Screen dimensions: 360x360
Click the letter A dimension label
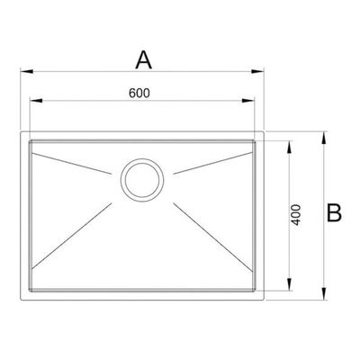[144, 60]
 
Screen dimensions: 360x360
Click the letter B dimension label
[334, 213]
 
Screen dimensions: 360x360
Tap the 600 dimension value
[139, 94]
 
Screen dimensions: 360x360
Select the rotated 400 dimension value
[296, 215]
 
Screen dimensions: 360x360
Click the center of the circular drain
[142, 180]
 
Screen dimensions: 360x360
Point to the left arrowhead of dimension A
[26, 71]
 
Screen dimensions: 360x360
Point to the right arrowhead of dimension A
[257, 71]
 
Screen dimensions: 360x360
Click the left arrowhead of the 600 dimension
[36, 101]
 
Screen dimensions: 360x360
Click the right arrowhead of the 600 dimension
[248, 101]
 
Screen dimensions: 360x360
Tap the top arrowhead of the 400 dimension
[290, 147]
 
